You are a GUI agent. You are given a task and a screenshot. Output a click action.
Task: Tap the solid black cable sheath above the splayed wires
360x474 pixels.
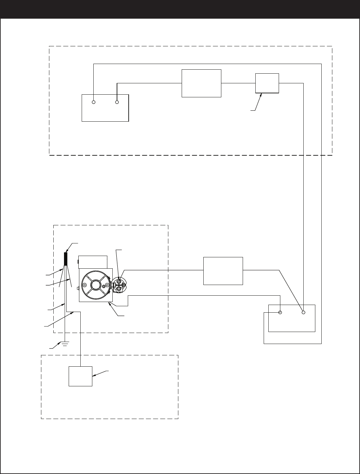click(x=66, y=259)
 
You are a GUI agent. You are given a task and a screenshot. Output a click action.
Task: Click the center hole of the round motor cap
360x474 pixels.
click(x=96, y=284)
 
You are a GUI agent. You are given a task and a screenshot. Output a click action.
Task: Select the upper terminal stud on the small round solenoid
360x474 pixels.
click(x=119, y=282)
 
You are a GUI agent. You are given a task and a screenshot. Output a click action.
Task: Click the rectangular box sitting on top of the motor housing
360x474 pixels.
click(x=93, y=262)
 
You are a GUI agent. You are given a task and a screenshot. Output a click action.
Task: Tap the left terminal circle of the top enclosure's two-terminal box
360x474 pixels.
click(x=94, y=102)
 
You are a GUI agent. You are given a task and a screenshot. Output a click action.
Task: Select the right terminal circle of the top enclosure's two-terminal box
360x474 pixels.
click(x=117, y=102)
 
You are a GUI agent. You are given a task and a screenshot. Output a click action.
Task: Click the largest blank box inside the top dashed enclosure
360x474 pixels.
click(x=201, y=83)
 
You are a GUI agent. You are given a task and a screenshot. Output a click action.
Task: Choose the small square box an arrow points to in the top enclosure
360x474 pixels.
click(x=267, y=83)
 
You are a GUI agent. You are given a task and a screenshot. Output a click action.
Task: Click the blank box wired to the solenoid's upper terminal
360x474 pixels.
click(x=223, y=271)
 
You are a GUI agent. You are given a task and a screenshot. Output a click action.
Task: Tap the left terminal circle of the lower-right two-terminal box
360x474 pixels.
click(x=280, y=312)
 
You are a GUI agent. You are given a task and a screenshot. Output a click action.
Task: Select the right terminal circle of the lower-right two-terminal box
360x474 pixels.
click(x=303, y=312)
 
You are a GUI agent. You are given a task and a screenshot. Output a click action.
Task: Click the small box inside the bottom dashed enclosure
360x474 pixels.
click(x=80, y=376)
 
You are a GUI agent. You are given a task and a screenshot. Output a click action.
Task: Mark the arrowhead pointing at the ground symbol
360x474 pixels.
click(x=60, y=343)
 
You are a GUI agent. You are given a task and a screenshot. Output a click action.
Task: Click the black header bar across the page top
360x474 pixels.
click(x=180, y=9)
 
